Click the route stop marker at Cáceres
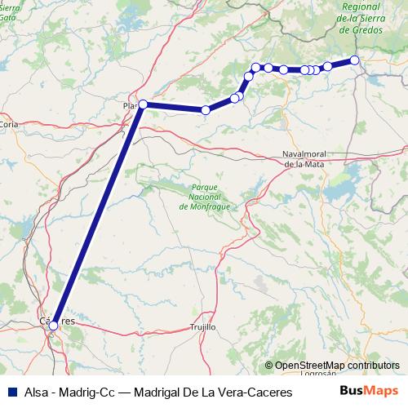(53, 326)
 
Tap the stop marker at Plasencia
(143, 104)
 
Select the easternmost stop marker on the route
(354, 60)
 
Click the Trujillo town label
(202, 326)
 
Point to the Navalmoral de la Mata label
(309, 158)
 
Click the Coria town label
(10, 124)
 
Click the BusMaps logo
(369, 391)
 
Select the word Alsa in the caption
(36, 392)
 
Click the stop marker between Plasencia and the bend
(206, 109)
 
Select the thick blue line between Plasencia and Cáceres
(98, 215)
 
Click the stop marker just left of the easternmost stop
(327, 66)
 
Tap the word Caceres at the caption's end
(269, 392)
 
